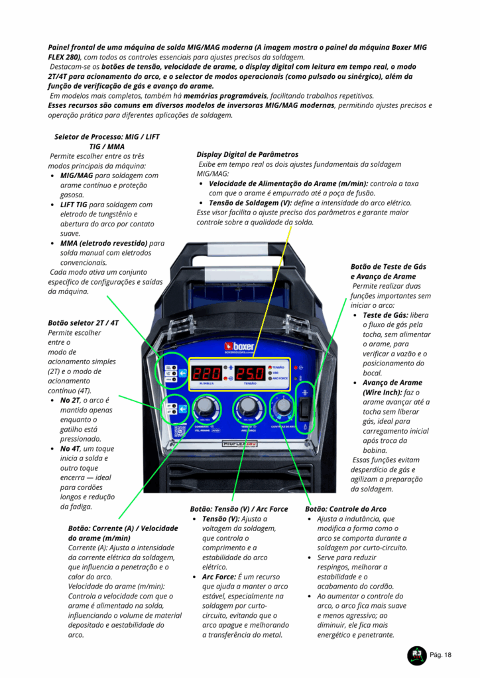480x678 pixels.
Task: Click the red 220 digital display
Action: pyautogui.click(x=207, y=373)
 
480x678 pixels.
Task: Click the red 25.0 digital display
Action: pyautogui.click(x=250, y=373)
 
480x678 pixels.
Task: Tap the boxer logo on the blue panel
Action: pyautogui.click(x=239, y=347)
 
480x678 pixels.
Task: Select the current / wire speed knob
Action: pyautogui.click(x=203, y=407)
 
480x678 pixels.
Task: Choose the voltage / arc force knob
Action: pyautogui.click(x=247, y=407)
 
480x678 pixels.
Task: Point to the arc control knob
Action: pyautogui.click(x=284, y=406)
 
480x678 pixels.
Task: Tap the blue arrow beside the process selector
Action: pyautogui.click(x=183, y=373)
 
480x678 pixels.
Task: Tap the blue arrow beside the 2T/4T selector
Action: pyautogui.click(x=183, y=409)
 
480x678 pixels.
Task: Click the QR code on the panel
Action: pyautogui.click(x=180, y=430)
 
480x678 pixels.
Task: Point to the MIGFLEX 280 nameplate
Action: pyautogui.click(x=240, y=444)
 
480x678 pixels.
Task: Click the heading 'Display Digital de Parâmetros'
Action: pyautogui.click(x=247, y=154)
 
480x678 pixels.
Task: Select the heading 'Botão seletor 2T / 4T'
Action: pyautogui.click(x=83, y=323)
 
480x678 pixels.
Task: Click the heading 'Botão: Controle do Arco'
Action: pyautogui.click(x=345, y=509)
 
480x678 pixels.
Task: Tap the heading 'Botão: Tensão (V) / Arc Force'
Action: pyautogui.click(x=239, y=509)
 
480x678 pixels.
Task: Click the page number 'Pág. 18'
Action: pyautogui.click(x=440, y=655)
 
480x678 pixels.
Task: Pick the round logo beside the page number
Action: pyautogui.click(x=417, y=655)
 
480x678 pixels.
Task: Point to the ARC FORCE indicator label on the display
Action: pyautogui.click(x=280, y=378)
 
